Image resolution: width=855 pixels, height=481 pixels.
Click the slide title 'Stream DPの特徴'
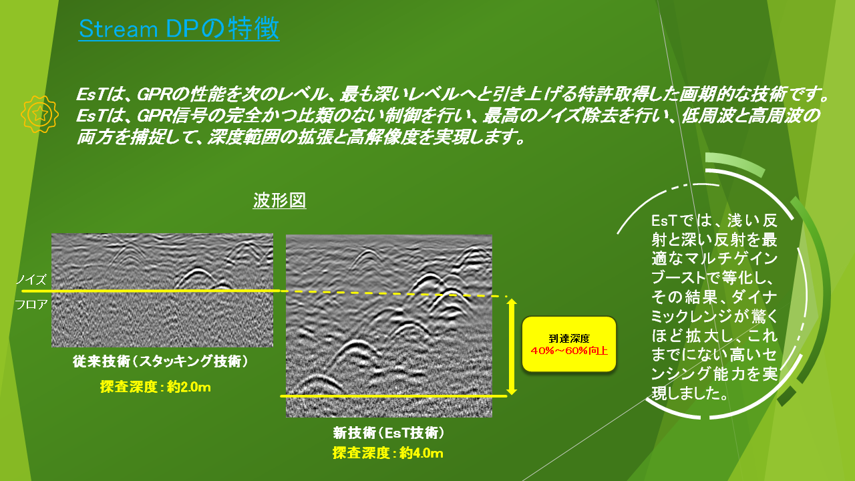(x=179, y=29)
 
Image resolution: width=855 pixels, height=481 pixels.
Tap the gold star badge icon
(x=39, y=114)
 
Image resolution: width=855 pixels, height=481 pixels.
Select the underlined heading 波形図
(x=279, y=200)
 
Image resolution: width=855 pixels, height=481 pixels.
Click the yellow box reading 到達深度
(x=568, y=344)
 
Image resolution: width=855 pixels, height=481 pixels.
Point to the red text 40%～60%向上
(x=568, y=351)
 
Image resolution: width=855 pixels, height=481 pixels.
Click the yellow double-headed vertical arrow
(x=512, y=347)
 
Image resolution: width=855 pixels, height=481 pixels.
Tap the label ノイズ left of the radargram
(x=31, y=279)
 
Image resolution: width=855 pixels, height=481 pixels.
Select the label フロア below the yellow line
(x=31, y=304)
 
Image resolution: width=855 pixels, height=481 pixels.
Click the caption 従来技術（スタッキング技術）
(x=160, y=361)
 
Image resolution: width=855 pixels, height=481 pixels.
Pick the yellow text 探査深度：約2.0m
(x=156, y=387)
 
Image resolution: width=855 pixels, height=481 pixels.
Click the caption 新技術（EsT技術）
(x=389, y=433)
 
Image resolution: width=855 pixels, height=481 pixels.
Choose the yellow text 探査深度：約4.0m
(x=388, y=453)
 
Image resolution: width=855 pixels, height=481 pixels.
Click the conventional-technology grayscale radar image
(x=162, y=290)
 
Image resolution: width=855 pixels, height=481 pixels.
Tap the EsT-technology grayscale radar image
(x=389, y=326)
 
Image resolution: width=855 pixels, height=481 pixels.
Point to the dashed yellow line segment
(x=393, y=293)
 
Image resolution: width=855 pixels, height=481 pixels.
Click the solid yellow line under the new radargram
(x=393, y=396)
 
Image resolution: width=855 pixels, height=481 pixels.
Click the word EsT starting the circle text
(x=664, y=220)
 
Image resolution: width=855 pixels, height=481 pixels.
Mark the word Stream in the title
(x=118, y=29)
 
